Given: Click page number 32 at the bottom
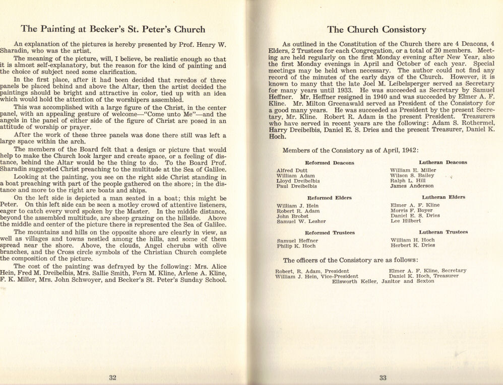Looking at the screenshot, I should tap(113, 378).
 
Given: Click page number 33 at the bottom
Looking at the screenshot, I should tap(383, 378).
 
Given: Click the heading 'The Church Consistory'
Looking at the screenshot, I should tap(376, 30).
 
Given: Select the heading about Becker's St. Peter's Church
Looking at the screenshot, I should tap(113, 29).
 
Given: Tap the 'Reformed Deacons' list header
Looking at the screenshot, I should tap(330, 163).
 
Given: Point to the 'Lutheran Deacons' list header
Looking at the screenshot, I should tap(444, 163).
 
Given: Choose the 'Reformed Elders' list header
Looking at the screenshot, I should tap(329, 198).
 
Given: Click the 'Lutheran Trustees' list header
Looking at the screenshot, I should tap(444, 233).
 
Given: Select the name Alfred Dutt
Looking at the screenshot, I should tap(292, 171).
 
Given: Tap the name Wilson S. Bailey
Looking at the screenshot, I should tap(412, 176).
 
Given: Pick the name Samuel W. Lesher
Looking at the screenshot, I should tap(301, 221).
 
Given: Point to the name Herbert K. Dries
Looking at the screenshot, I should tap(412, 245).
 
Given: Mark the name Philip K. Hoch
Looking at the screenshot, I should tap(296, 246).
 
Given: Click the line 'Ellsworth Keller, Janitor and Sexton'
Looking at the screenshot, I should tap(383, 281).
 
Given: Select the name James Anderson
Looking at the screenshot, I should tap(411, 186).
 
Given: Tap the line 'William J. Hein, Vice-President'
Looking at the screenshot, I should tap(317, 276).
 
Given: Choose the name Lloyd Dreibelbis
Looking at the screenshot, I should tap(298, 181).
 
